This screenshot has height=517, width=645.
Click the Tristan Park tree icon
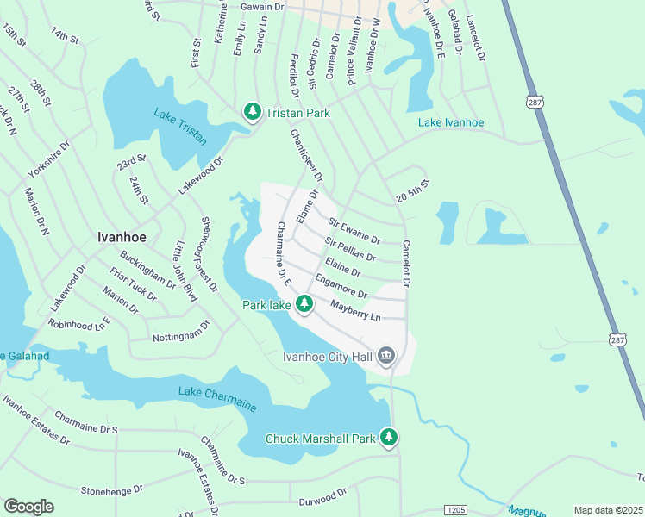(252, 110)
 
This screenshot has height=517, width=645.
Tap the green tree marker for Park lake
(304, 303)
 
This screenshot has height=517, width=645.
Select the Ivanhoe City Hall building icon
(386, 356)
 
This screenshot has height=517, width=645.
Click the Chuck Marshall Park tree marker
(389, 438)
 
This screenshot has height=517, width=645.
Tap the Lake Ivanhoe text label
(451, 122)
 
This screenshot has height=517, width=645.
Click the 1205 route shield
(456, 511)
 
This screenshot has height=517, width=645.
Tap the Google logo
(28, 507)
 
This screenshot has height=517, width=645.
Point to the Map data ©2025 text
(607, 510)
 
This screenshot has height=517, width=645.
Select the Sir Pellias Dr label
(350, 250)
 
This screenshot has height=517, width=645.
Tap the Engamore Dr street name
(341, 287)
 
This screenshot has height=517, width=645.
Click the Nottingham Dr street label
(180, 332)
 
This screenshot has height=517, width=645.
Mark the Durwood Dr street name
(322, 496)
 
